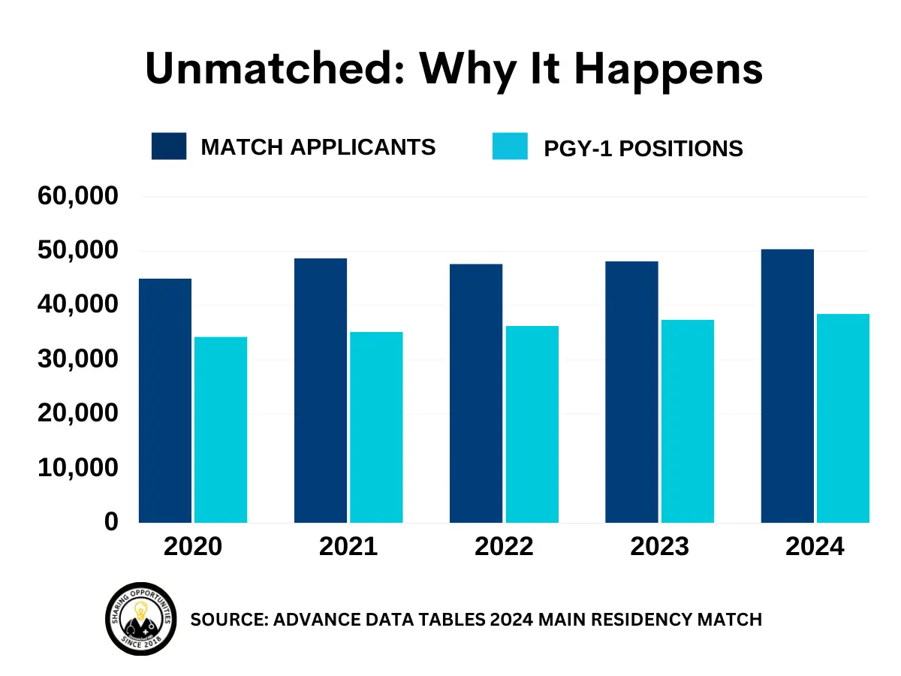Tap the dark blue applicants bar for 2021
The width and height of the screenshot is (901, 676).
click(x=321, y=391)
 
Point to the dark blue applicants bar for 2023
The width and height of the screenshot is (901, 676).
click(x=631, y=392)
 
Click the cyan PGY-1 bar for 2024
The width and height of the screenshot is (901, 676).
click(x=843, y=418)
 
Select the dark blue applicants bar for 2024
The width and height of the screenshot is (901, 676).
click(x=787, y=386)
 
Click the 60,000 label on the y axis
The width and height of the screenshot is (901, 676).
click(x=78, y=197)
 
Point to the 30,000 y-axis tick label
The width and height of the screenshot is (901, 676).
click(x=78, y=359)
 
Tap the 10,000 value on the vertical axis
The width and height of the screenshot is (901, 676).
click(x=78, y=468)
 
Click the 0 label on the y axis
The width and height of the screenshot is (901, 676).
click(x=111, y=522)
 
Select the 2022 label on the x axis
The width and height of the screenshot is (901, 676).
click(x=504, y=547)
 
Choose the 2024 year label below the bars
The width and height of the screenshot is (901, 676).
click(x=815, y=547)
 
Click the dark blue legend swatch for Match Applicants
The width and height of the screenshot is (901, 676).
click(x=169, y=146)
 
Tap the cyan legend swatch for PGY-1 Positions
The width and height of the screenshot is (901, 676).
click(x=510, y=146)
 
